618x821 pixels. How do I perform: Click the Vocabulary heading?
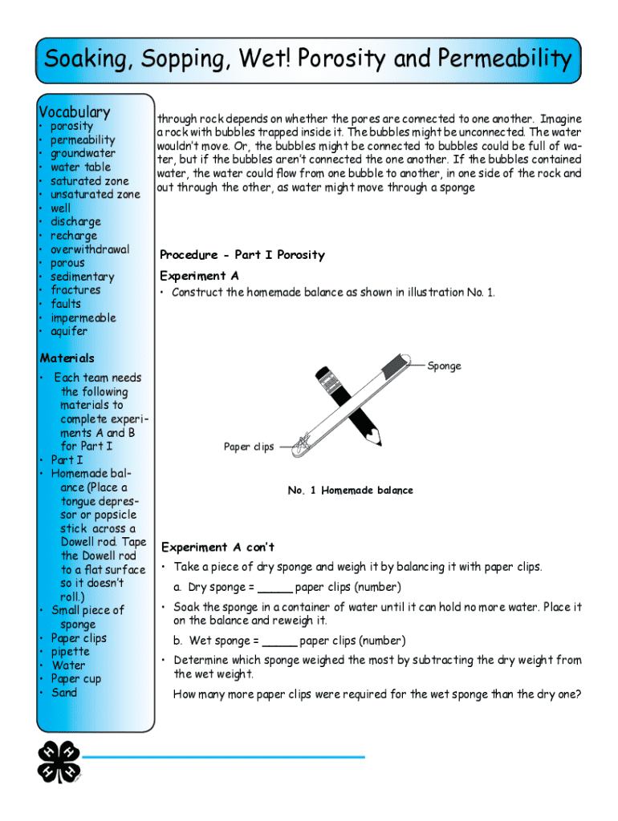click(75, 112)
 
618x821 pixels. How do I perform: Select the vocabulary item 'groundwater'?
click(83, 153)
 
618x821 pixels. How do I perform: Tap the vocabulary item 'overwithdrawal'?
click(90, 249)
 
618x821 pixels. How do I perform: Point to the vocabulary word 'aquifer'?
click(69, 331)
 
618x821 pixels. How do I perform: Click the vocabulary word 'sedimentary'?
click(83, 277)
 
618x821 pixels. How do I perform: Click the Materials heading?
click(67, 358)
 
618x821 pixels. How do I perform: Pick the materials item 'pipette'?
click(71, 652)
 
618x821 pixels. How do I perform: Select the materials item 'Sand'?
click(64, 693)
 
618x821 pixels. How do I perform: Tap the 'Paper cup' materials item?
click(76, 679)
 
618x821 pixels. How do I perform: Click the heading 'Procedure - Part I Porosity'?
click(242, 255)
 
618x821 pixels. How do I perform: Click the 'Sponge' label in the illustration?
click(444, 366)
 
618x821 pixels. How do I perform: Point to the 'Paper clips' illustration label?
click(248, 447)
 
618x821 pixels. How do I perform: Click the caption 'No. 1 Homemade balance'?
click(351, 491)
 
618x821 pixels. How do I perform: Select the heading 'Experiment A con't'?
click(218, 548)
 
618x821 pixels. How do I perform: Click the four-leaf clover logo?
click(59, 761)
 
